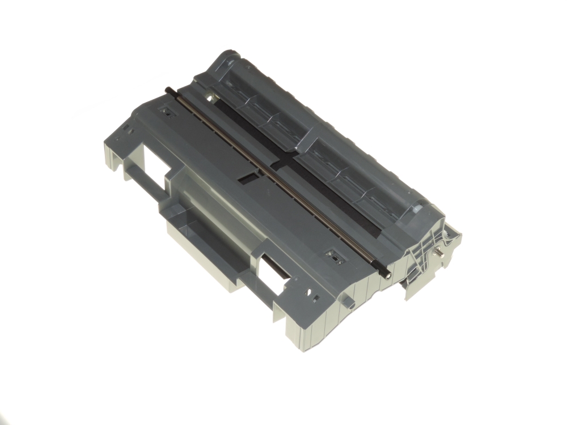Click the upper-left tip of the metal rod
pyautogui.click(x=168, y=89)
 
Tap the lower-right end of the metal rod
pyautogui.click(x=387, y=276)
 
